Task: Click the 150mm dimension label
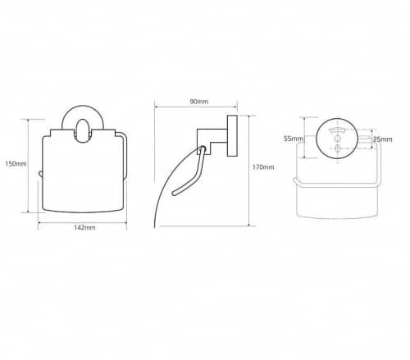[x=16, y=164]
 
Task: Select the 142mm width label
[x=84, y=227]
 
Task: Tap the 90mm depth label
[x=199, y=102]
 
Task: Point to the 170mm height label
[x=263, y=167]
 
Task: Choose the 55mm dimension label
[x=294, y=139]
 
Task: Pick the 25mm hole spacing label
[x=383, y=139]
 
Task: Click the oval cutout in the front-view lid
[x=83, y=131]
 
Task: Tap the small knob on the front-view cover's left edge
[x=40, y=175]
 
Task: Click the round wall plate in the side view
[x=232, y=136]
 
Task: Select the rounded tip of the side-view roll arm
[x=174, y=194]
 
